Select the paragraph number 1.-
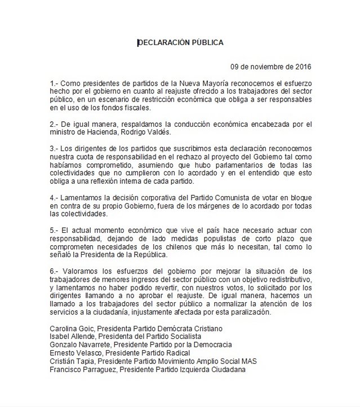[x=55, y=83]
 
